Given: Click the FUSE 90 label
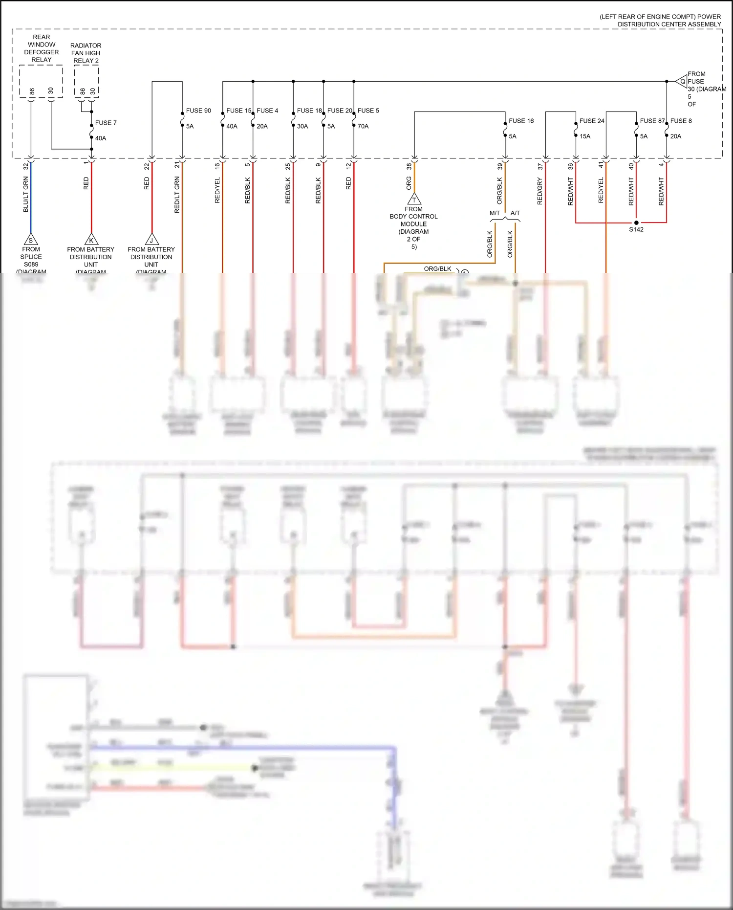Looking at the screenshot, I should tap(198, 111).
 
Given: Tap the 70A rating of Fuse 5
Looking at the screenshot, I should tap(363, 126).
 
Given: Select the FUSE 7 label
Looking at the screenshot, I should tap(106, 123).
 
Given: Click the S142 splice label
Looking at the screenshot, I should tap(636, 229).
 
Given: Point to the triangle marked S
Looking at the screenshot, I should tap(31, 240).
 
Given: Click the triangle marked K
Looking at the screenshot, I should tap(91, 240).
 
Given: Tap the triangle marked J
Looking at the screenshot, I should tap(152, 240).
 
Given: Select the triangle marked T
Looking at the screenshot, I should tap(414, 200).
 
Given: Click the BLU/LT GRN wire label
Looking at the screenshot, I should tap(26, 194).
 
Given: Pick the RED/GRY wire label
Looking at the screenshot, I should tap(540, 191).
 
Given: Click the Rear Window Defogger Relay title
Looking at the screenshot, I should tap(42, 48).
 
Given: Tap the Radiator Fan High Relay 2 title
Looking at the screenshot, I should tap(86, 53).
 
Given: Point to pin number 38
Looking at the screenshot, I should tap(409, 166).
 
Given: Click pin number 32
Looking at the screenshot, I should tap(26, 166).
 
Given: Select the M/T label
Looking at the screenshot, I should tap(495, 213).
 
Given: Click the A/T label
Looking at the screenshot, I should tap(516, 213).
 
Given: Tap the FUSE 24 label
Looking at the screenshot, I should tap(592, 121).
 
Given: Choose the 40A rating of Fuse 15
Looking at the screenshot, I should tap(232, 126).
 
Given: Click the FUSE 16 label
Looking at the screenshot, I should tap(521, 121).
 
